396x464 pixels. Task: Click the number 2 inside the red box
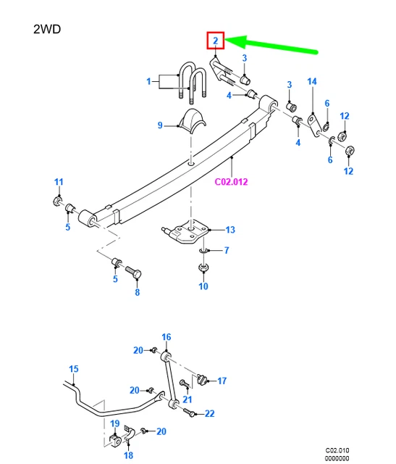click(x=216, y=41)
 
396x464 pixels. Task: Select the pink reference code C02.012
click(x=231, y=181)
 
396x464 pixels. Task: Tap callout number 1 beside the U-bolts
click(x=149, y=82)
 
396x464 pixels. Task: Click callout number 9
click(x=161, y=125)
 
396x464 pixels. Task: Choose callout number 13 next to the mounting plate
click(x=229, y=230)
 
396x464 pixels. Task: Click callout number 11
click(x=59, y=181)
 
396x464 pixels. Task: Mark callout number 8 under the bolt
click(x=136, y=292)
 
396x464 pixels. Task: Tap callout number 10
click(x=203, y=286)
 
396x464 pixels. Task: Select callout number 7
click(x=227, y=251)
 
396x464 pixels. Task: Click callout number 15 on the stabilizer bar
click(x=73, y=370)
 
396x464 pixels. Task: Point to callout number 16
click(x=166, y=337)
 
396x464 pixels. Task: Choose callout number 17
click(x=222, y=380)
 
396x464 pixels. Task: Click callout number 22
click(x=209, y=414)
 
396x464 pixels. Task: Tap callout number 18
click(x=128, y=455)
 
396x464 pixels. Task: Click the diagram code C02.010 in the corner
click(x=337, y=450)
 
